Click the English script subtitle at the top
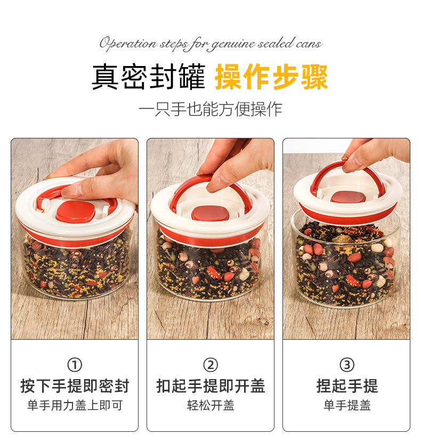pos(210,43)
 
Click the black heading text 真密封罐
pos(148,77)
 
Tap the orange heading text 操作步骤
pos(271,77)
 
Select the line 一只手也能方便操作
pos(210,109)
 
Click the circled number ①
pos(75,365)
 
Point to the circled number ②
pos(210,365)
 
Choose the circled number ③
pos(346,365)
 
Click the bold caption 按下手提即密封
pos(75,386)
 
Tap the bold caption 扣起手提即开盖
pos(210,386)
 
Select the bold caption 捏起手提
pos(346,386)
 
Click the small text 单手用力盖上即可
pos(75,406)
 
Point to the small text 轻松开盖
pos(210,406)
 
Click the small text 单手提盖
pos(346,406)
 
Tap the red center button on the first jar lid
pos(76,211)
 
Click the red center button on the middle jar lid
pos(210,213)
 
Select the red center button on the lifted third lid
pos(348,197)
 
